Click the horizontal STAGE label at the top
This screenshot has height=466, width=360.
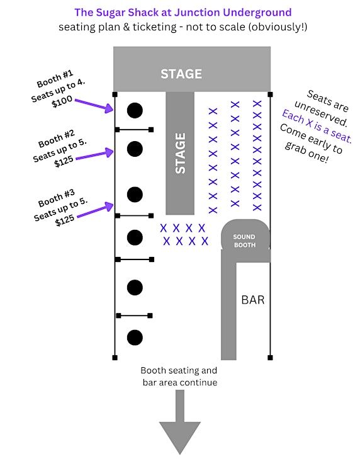tap(181, 74)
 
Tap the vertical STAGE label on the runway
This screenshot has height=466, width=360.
tap(180, 153)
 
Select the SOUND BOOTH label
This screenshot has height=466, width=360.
tap(244, 241)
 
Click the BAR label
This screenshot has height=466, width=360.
tap(253, 300)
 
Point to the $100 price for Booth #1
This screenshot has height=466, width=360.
tap(62, 101)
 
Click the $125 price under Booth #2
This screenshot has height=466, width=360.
tap(64, 161)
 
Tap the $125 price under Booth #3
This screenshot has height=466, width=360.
tap(65, 220)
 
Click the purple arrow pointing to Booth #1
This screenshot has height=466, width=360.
tap(94, 106)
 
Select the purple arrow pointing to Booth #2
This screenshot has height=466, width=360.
tap(95, 155)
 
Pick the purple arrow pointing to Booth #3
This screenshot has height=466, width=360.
tap(95, 210)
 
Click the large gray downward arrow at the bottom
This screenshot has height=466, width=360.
tap(180, 422)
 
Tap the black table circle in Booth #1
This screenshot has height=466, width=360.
tap(135, 111)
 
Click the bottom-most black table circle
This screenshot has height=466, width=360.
tap(135, 338)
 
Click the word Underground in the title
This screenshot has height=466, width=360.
tap(257, 13)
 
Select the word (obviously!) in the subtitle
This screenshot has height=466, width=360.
tap(278, 27)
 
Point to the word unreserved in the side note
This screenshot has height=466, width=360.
tap(321, 113)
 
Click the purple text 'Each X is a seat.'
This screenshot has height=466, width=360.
tap(317, 126)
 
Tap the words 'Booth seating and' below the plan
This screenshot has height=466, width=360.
tap(179, 371)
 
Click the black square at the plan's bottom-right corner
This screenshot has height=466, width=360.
tap(270, 358)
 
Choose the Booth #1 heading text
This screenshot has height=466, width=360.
tap(55, 79)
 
